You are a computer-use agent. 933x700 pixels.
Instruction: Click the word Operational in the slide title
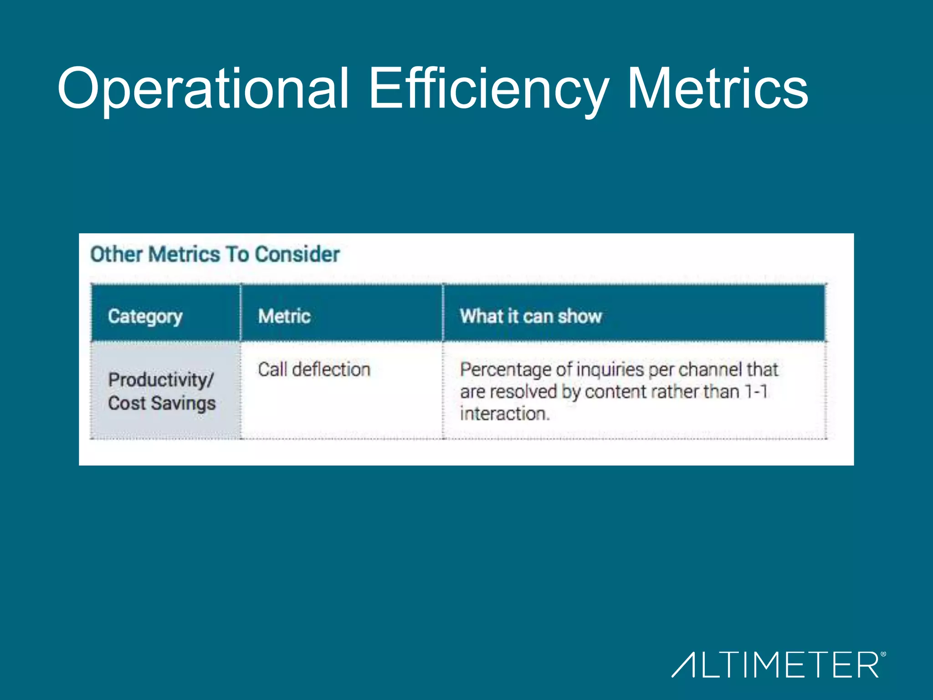tap(203, 89)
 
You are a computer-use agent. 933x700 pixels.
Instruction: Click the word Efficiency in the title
tap(487, 89)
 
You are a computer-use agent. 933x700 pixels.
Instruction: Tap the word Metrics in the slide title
tap(718, 89)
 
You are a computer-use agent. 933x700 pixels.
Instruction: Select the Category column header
tap(145, 316)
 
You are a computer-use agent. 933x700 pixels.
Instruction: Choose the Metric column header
tap(284, 316)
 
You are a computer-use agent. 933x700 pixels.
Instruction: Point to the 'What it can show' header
tap(531, 316)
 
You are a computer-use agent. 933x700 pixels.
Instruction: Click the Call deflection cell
tap(314, 370)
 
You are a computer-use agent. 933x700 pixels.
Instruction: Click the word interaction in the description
tap(504, 414)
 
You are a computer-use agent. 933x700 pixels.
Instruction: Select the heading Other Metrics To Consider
tap(215, 254)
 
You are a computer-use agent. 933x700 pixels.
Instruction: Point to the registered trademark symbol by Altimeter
tap(883, 654)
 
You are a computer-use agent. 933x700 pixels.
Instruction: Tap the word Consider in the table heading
tap(297, 254)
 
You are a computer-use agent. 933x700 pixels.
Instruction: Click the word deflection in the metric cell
tap(331, 370)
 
